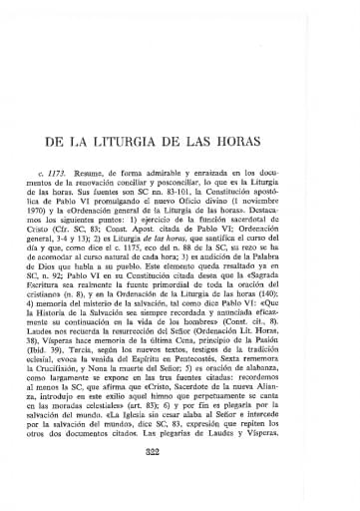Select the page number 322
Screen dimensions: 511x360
click(180, 478)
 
